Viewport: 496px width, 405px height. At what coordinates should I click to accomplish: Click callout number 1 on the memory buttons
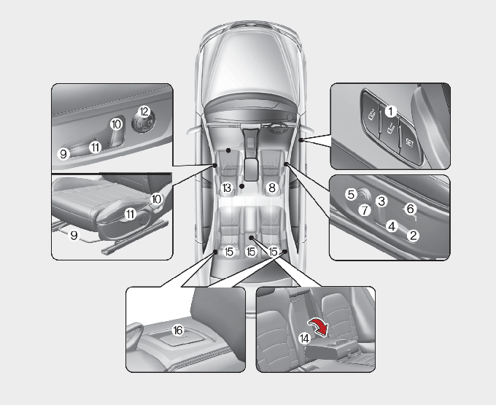(x=391, y=112)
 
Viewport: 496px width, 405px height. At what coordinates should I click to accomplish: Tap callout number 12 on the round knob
(x=144, y=112)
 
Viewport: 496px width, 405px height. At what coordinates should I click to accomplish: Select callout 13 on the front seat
(x=227, y=188)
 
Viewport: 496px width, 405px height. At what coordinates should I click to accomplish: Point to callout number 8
(x=272, y=188)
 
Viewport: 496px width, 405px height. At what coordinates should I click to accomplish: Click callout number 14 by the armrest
(x=304, y=339)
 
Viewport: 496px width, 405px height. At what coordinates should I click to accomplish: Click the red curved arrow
(x=319, y=327)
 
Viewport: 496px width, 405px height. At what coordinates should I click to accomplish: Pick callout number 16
(x=178, y=331)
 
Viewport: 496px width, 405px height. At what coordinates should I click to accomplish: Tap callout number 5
(x=351, y=195)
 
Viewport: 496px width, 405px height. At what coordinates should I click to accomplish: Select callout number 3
(x=381, y=201)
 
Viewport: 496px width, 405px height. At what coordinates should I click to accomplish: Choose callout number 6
(x=410, y=209)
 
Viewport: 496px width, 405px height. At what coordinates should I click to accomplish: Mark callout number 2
(x=413, y=236)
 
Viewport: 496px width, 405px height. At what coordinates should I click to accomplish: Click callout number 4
(x=392, y=226)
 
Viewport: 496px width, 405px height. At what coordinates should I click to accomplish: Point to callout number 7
(x=365, y=210)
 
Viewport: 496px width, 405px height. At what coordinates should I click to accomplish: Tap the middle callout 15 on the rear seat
(x=250, y=252)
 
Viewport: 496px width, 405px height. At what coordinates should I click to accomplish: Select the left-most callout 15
(x=228, y=252)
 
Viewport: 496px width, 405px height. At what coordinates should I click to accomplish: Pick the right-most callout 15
(x=273, y=252)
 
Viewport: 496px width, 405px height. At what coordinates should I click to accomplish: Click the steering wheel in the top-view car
(x=278, y=128)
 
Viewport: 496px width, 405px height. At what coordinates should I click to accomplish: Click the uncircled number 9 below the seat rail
(x=74, y=236)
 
